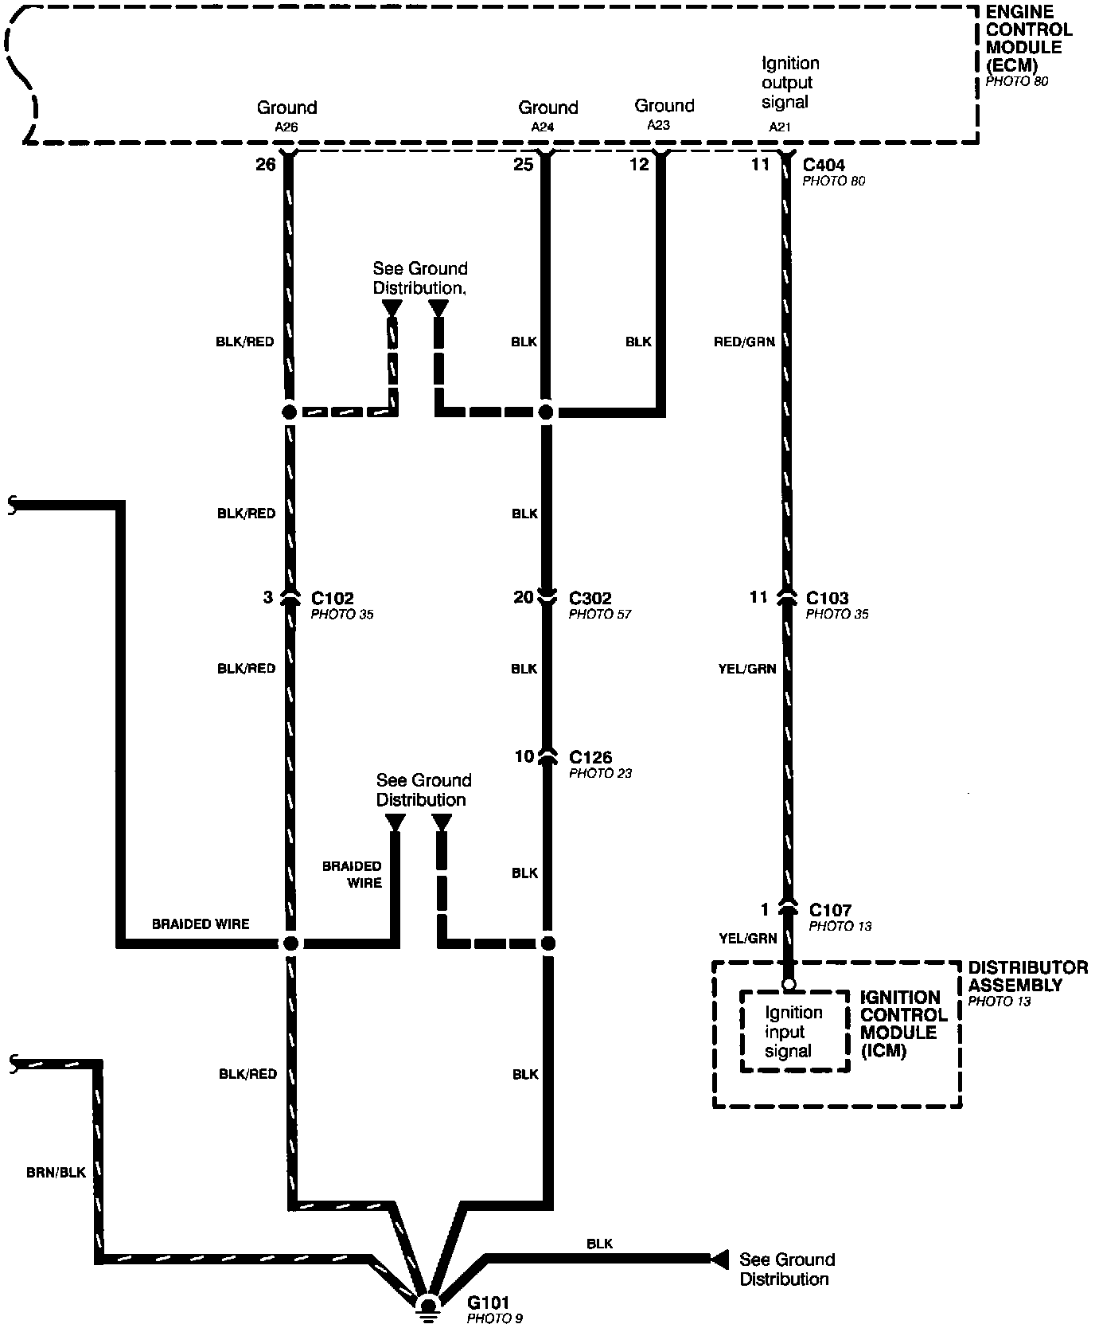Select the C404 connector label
coord(824,165)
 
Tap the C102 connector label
coord(332,598)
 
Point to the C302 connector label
coord(590,598)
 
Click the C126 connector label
coord(590,756)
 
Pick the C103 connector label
coord(827,598)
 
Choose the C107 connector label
coord(830,910)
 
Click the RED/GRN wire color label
coord(744,342)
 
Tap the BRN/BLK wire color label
coord(56,1172)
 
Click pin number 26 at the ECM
coord(265,165)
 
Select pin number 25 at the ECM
coord(523,165)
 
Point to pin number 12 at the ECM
coord(639,165)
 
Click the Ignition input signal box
coord(793,1032)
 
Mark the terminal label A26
coord(286,127)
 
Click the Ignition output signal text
coord(789,83)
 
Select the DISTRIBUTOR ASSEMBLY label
coord(1027,977)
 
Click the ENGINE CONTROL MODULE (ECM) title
coord(1027,39)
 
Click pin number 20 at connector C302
coord(523,597)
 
